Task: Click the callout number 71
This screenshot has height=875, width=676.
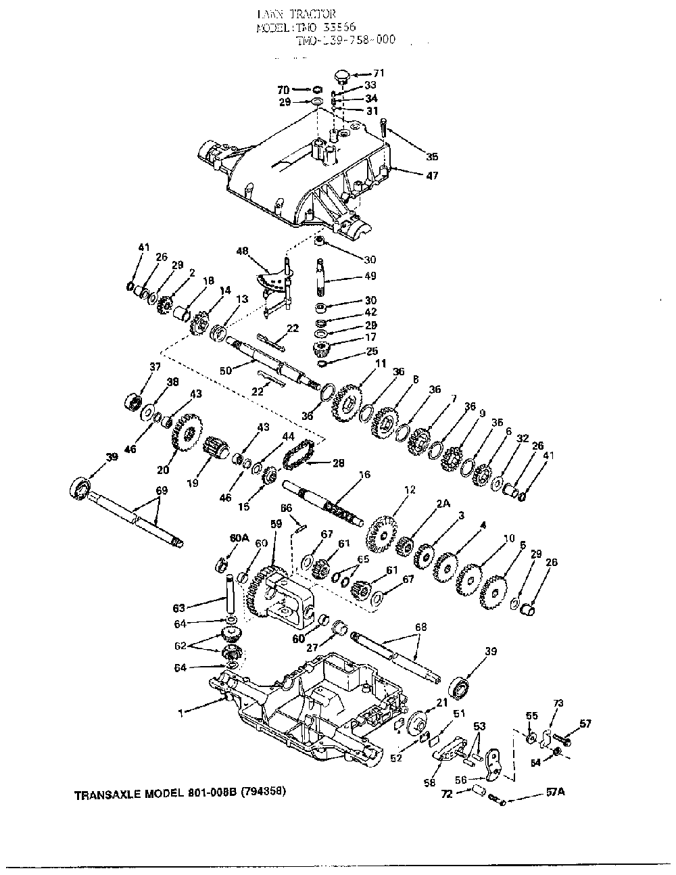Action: pyautogui.click(x=378, y=72)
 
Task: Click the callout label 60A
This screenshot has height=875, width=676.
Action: pyautogui.click(x=239, y=538)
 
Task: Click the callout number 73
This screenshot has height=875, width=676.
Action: pyautogui.click(x=558, y=704)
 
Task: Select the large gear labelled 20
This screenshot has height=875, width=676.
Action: pyautogui.click(x=185, y=432)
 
